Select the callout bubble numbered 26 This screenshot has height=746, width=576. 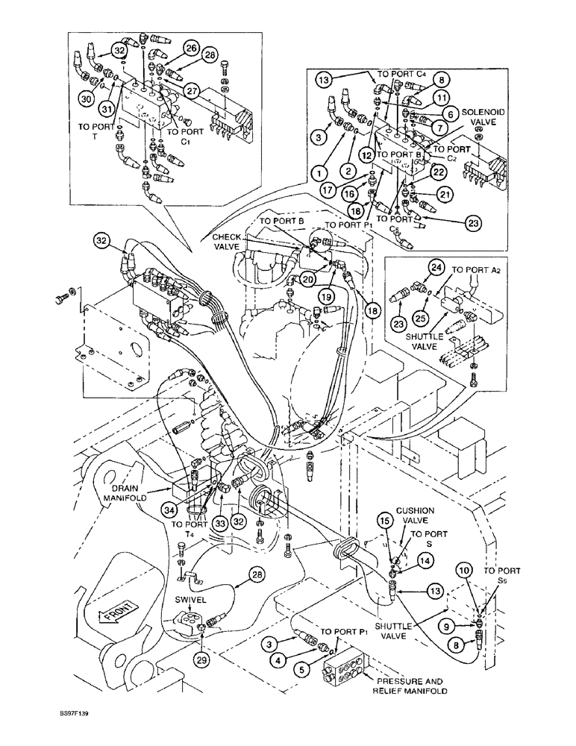[191, 48]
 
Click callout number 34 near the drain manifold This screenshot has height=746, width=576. [171, 510]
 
